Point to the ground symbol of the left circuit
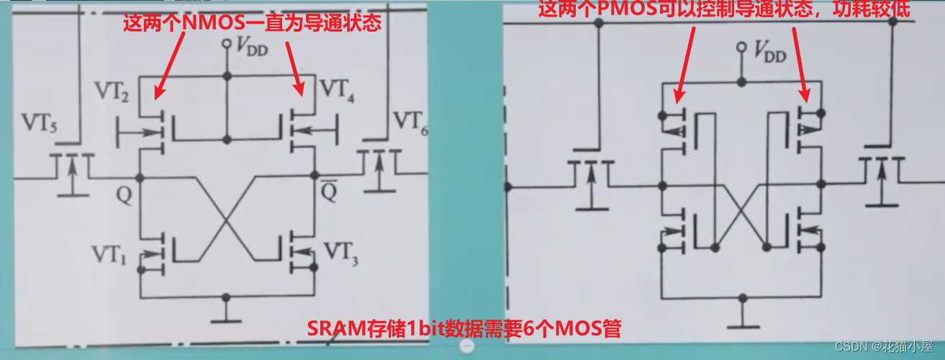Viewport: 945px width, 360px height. (x=227, y=311)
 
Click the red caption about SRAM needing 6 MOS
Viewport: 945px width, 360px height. (x=464, y=328)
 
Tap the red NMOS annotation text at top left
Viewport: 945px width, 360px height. (x=252, y=23)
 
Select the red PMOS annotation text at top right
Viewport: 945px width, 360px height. (x=724, y=9)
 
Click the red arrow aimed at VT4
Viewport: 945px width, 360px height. (x=295, y=68)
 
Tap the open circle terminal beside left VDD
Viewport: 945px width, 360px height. (x=227, y=45)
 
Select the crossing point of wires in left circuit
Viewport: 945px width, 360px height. (x=227, y=218)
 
